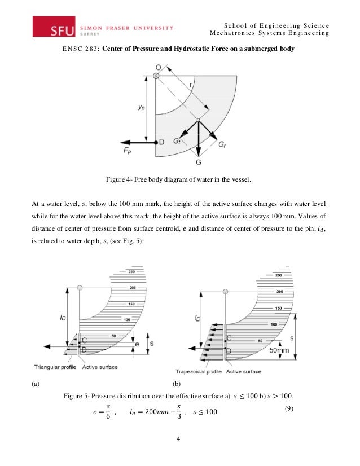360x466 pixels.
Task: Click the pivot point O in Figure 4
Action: (x=157, y=75)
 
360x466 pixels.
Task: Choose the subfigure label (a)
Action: (x=35, y=384)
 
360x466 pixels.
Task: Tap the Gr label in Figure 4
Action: (x=223, y=145)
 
